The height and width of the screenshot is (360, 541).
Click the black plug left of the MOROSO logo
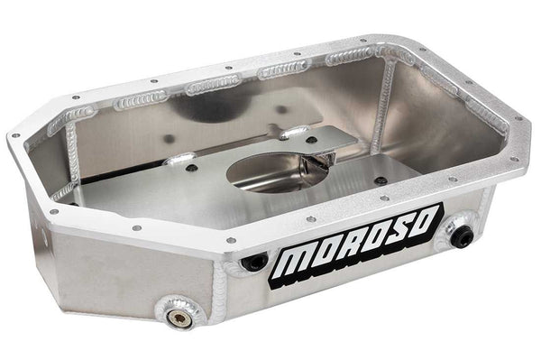coord(256,262)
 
